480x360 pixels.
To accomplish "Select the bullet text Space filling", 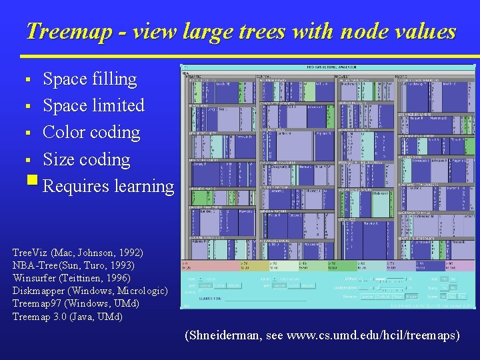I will point(89,79).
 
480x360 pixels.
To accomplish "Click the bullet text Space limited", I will point(93,106).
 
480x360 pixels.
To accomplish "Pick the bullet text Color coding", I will point(91,133).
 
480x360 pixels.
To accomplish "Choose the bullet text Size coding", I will point(86,159).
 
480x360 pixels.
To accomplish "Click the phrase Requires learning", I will point(107,186).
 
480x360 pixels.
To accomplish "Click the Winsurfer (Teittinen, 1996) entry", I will point(71,279).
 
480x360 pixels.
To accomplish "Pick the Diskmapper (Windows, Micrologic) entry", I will point(89,291).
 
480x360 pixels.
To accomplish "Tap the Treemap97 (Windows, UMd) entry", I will point(76,304).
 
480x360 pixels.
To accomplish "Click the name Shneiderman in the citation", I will point(223,335).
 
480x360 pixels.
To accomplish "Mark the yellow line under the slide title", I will point(240,56).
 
